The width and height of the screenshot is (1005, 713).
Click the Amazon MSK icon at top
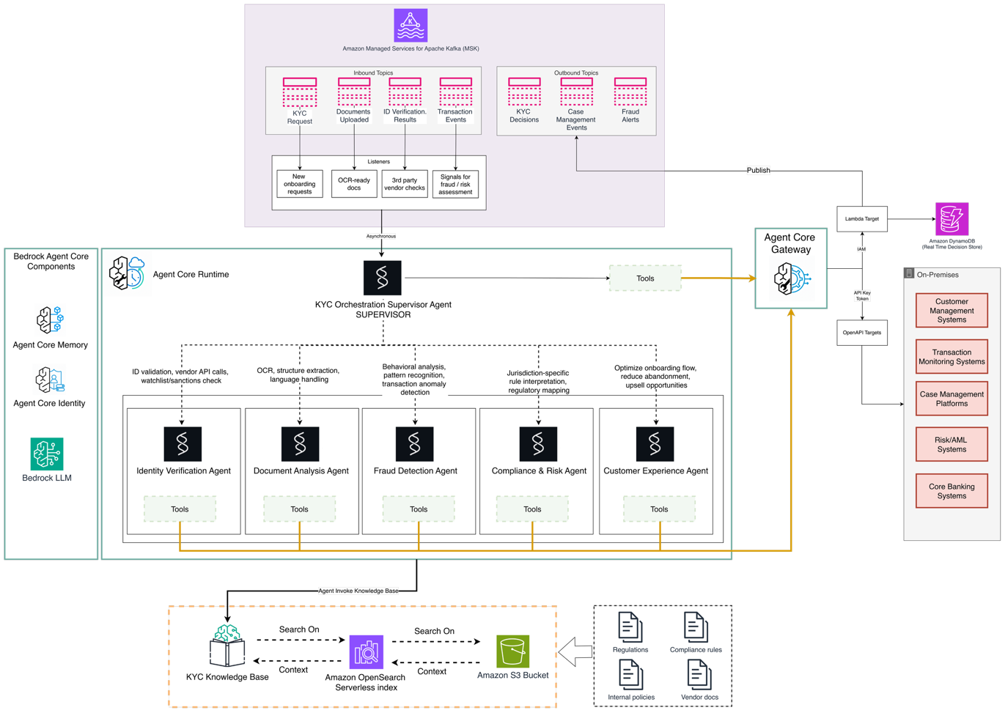pyautogui.click(x=411, y=26)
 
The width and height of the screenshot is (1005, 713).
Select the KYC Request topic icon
pyautogui.click(x=300, y=93)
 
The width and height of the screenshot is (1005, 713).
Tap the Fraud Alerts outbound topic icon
pyautogui.click(x=630, y=92)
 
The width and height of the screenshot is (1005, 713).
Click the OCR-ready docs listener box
pyautogui.click(x=354, y=184)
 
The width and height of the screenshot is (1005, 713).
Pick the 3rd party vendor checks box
pyautogui.click(x=405, y=184)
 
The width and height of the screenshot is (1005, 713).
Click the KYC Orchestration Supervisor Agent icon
pyautogui.click(x=382, y=278)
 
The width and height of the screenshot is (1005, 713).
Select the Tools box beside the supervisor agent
pyautogui.click(x=645, y=278)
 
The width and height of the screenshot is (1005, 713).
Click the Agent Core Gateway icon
pyautogui.click(x=790, y=279)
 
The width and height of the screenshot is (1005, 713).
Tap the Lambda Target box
pyautogui.click(x=862, y=219)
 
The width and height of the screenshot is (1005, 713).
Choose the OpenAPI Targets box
pyautogui.click(x=862, y=333)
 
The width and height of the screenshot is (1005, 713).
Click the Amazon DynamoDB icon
pyautogui.click(x=951, y=219)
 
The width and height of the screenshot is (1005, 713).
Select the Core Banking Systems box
pyautogui.click(x=951, y=491)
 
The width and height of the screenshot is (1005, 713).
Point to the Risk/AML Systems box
pyautogui.click(x=951, y=445)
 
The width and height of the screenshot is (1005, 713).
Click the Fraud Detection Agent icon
pyautogui.click(x=415, y=444)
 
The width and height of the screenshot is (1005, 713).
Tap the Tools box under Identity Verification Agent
pyautogui.click(x=180, y=509)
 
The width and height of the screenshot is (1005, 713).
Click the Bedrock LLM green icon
pyautogui.click(x=47, y=454)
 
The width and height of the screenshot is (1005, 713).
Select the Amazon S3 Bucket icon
pyautogui.click(x=512, y=651)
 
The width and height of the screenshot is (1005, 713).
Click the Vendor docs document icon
pyautogui.click(x=699, y=674)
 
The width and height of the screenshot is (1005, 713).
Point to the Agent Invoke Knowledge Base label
pyautogui.click(x=358, y=591)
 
